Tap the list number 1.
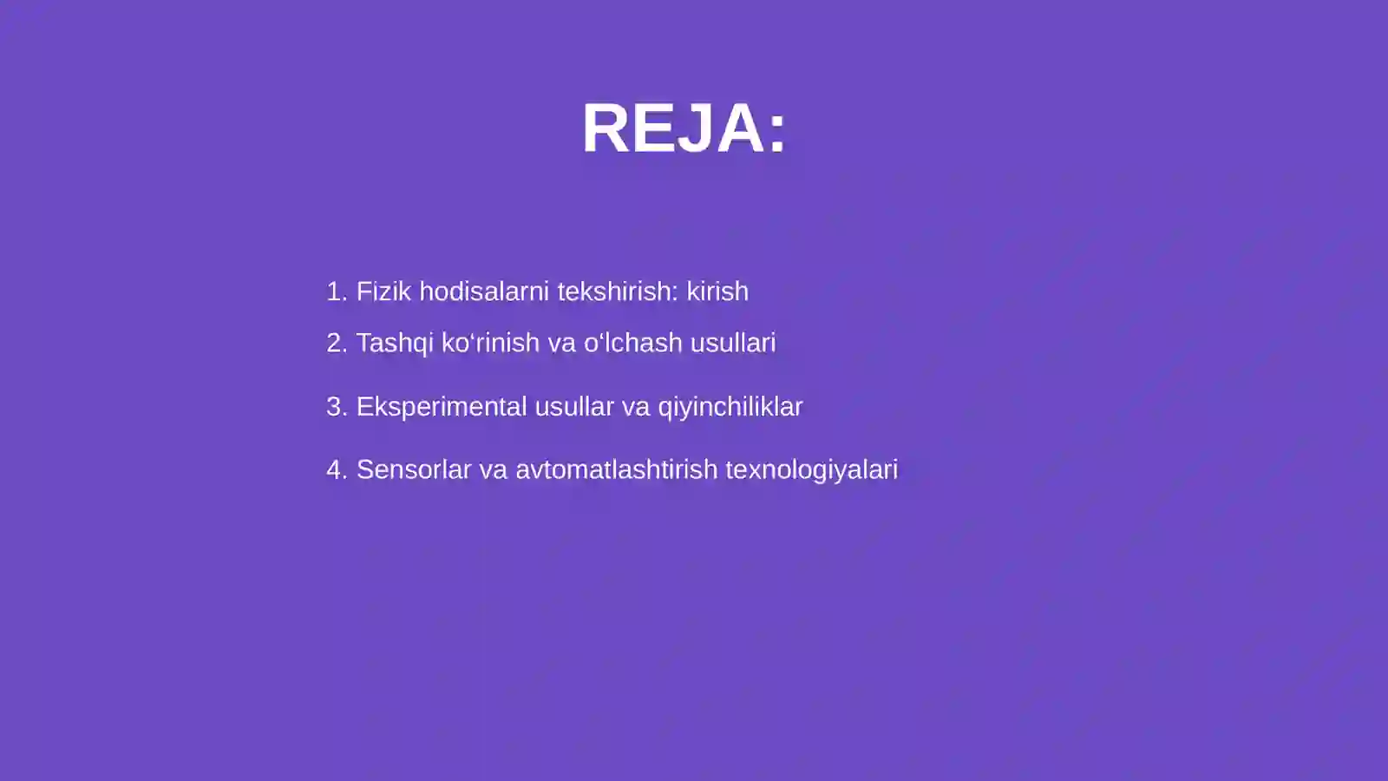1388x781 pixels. click(x=334, y=292)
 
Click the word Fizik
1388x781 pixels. click(x=383, y=292)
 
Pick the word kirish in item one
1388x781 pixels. click(x=717, y=292)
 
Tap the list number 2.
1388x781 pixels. click(x=335, y=343)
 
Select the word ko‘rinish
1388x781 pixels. click(x=490, y=343)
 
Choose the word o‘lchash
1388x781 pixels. click(x=633, y=343)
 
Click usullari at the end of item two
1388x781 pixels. click(x=733, y=343)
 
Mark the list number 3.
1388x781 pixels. click(x=335, y=406)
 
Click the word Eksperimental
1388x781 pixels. click(x=442, y=407)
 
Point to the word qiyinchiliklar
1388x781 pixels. click(x=730, y=407)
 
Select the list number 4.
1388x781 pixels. click(x=335, y=469)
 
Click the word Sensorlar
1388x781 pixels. click(x=414, y=469)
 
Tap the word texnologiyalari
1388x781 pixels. click(x=811, y=470)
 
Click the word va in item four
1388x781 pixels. click(x=493, y=469)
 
